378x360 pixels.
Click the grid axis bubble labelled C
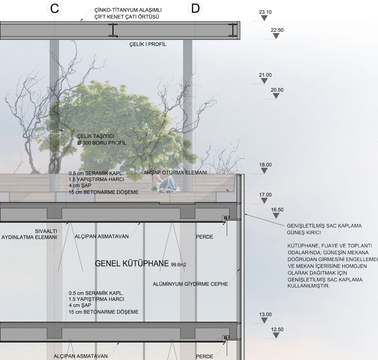pos(54,9)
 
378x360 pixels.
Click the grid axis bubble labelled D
pos(195,9)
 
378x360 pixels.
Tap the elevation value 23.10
pos(265,12)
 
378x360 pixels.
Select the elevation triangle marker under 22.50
pos(276,36)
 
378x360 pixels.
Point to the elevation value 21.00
pos(265,75)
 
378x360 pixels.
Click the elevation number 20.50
pos(277,90)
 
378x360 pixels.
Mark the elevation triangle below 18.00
pos(264,171)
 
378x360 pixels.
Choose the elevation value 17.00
pos(265,195)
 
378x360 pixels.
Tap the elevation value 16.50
pos(277,210)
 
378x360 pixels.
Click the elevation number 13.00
pos(265,314)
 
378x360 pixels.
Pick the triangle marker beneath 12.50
pos(276,335)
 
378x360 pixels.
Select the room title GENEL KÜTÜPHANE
pos(132,264)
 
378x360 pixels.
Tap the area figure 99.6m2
pos(179,265)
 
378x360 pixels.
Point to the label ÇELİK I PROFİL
pos(148,44)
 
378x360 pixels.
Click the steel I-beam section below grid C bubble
pos(112,30)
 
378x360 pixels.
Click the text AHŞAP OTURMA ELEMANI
pos(175,173)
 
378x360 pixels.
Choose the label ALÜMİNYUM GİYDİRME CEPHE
pos(190,284)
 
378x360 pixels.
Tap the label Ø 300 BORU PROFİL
pos(102,143)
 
